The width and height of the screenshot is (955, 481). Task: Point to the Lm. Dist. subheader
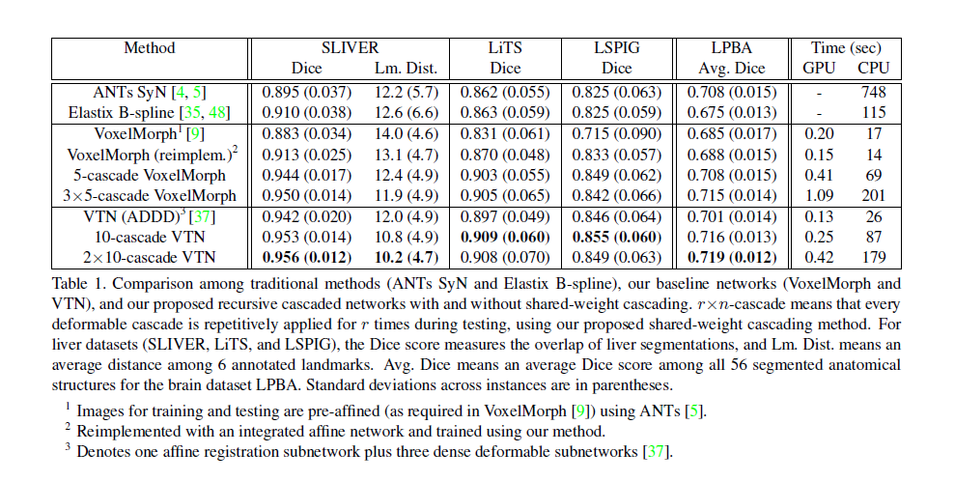406,68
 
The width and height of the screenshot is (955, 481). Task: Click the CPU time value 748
874,93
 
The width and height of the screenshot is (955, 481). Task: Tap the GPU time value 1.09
820,196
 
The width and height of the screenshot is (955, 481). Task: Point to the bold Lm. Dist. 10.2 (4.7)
407,258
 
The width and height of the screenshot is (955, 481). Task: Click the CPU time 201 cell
874,196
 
